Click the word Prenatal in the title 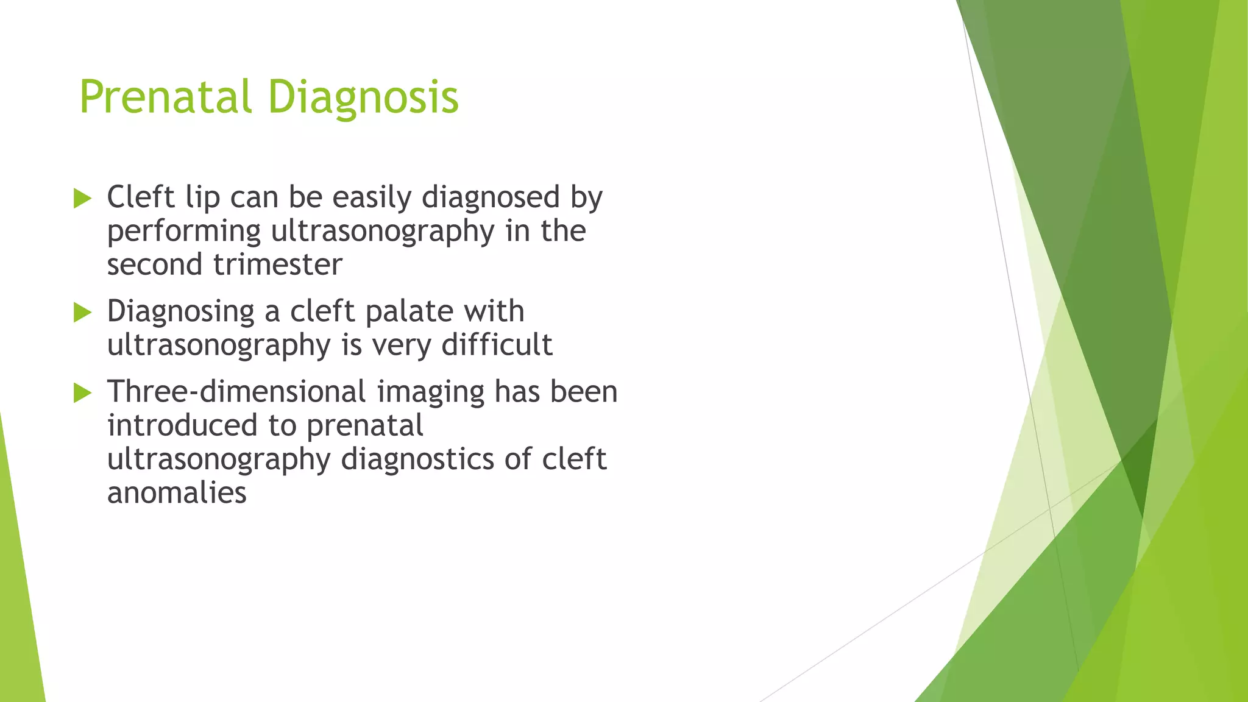coord(165,97)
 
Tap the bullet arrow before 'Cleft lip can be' coord(82,198)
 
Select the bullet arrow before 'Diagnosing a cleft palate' coord(82,312)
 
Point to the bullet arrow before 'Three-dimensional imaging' coord(82,392)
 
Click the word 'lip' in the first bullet coord(202,198)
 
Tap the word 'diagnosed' coord(491,198)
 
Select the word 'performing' coord(184,232)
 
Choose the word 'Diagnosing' coord(181,312)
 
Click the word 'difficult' coord(497,346)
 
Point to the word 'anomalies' coord(177,493)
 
